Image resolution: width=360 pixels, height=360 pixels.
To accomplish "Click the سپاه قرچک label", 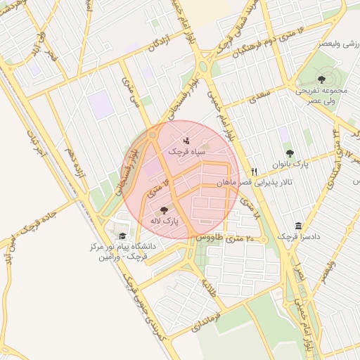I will pos(186,151).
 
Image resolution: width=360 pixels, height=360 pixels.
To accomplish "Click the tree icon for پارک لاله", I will pos(164,210).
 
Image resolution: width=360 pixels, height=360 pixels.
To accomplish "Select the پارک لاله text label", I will pos(165,221).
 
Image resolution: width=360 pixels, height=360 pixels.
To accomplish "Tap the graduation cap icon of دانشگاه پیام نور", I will pos(122,236).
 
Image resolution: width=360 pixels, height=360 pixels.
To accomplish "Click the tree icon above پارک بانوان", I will pos(290,154).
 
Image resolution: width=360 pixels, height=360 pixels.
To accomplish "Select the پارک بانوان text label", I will pos(290,165).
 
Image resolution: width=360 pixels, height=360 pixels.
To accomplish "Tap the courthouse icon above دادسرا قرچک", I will pos(299,226).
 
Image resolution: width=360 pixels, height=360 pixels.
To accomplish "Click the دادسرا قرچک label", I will pos(298,237).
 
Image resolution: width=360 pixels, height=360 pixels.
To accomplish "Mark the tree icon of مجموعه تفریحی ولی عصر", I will pos(322,79).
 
